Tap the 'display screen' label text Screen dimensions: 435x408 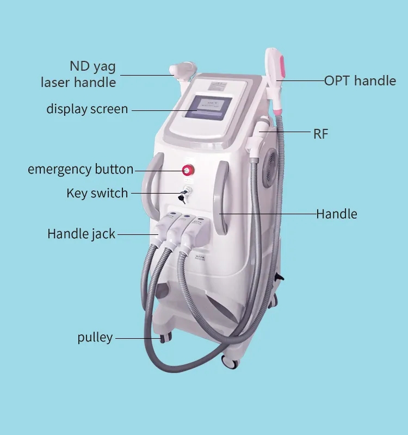pyautogui.click(x=87, y=109)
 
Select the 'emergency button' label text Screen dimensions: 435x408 pyautogui.click(x=81, y=169)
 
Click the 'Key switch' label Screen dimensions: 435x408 pyautogui.click(x=97, y=193)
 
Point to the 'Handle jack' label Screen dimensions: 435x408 pyautogui.click(x=82, y=234)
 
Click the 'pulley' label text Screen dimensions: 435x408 pyautogui.click(x=95, y=337)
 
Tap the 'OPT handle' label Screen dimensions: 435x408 pyautogui.click(x=360, y=81)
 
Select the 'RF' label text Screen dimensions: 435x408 pyautogui.click(x=320, y=134)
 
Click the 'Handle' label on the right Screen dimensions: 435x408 pyautogui.click(x=337, y=214)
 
